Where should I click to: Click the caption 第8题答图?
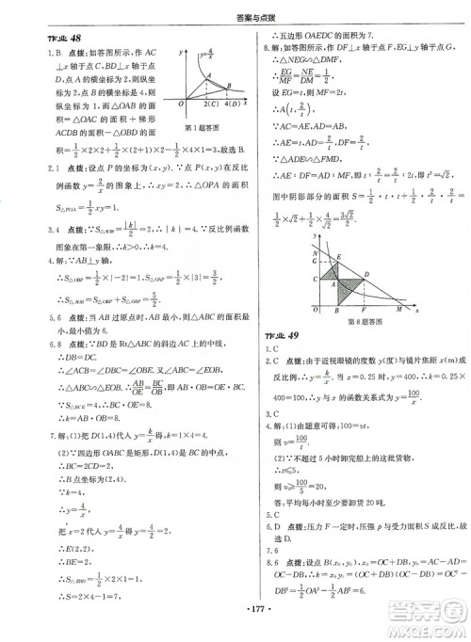pos(365,322)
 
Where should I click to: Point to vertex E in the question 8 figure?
pos(338,257)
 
